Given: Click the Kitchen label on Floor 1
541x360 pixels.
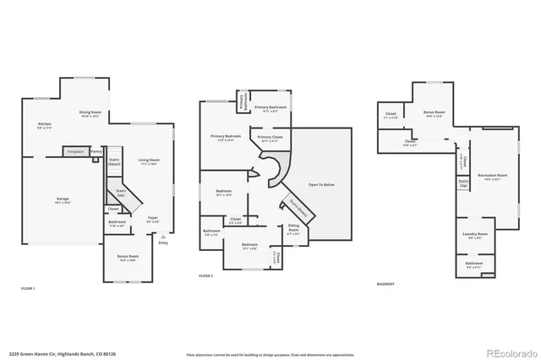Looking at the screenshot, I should (x=44, y=124).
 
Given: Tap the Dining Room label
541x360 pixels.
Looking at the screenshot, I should (x=90, y=113).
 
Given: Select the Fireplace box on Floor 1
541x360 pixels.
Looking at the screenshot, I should (x=75, y=151).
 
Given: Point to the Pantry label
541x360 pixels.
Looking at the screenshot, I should (x=96, y=151).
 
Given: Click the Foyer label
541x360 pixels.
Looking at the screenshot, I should (x=153, y=219).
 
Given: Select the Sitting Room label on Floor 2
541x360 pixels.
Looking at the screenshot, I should (x=293, y=227).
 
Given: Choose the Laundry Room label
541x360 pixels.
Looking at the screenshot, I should (x=475, y=234).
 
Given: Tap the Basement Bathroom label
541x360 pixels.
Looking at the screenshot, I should (x=474, y=264).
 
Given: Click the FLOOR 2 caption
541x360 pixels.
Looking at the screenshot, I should (x=206, y=276).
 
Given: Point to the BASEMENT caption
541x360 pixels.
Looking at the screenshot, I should (x=386, y=284).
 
